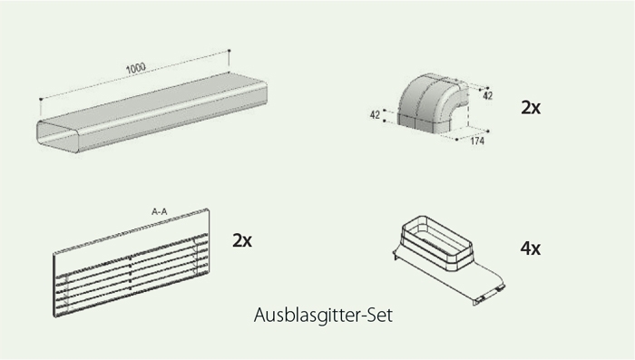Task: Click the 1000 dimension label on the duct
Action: [x=136, y=68]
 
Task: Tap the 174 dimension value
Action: [x=477, y=141]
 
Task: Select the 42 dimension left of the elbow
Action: [x=375, y=115]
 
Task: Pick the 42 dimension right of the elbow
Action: [x=488, y=95]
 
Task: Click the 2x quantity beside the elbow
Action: [x=531, y=107]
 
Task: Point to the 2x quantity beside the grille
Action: [x=242, y=240]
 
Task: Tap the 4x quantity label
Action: [x=530, y=248]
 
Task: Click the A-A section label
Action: [x=159, y=211]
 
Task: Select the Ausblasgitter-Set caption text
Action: [x=323, y=315]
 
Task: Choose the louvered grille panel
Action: [x=132, y=262]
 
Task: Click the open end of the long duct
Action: [x=57, y=136]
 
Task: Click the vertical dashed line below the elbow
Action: [x=469, y=116]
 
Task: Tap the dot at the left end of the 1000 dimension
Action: [x=41, y=99]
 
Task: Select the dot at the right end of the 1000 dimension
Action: [x=230, y=51]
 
